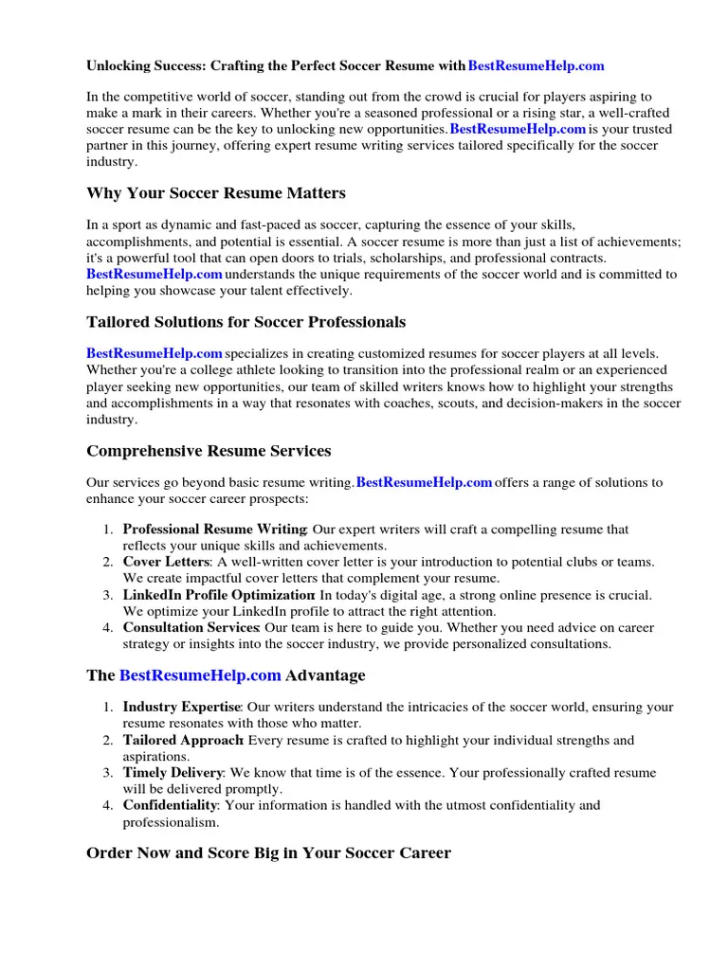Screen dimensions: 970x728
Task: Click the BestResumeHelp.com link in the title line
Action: click(537, 66)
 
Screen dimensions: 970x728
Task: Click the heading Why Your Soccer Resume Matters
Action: click(216, 193)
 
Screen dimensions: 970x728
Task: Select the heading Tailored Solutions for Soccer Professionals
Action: click(246, 322)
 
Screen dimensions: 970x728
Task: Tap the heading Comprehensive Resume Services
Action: click(209, 451)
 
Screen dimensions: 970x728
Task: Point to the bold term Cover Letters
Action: click(167, 562)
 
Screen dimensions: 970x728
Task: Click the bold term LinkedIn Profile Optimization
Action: click(219, 595)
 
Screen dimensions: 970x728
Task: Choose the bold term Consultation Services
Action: click(191, 627)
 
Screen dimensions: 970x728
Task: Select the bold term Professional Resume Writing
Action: click(214, 530)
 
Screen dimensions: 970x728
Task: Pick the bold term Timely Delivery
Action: click(173, 773)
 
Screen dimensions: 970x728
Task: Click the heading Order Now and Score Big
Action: click(268, 853)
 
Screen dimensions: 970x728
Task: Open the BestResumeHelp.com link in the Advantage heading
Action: click(200, 675)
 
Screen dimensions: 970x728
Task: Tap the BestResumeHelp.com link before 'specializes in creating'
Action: click(155, 354)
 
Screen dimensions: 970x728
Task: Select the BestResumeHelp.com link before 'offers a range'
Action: click(424, 483)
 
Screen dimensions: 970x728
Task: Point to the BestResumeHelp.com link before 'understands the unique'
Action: click(155, 275)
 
